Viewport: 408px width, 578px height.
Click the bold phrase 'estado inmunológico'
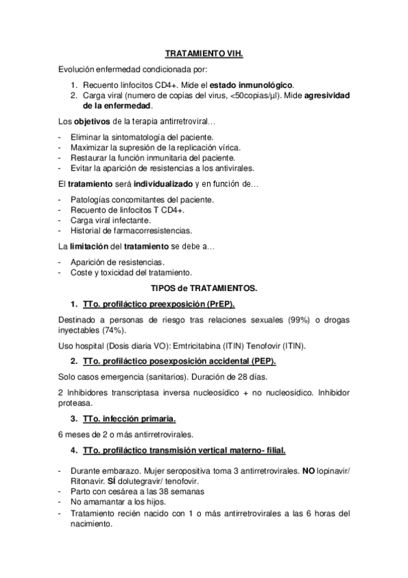(253, 85)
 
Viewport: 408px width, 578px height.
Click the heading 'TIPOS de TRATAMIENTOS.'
(204, 288)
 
